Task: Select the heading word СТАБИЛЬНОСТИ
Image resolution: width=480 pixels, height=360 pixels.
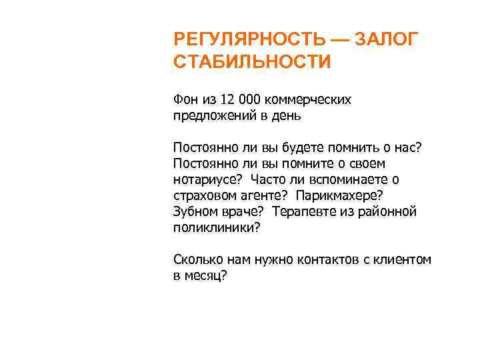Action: coord(251,62)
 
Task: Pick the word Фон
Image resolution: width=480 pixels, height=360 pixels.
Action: coord(185,99)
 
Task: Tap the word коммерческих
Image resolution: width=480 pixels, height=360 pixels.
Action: coord(307,99)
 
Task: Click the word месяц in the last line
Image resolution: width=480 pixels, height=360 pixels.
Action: coord(208,275)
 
